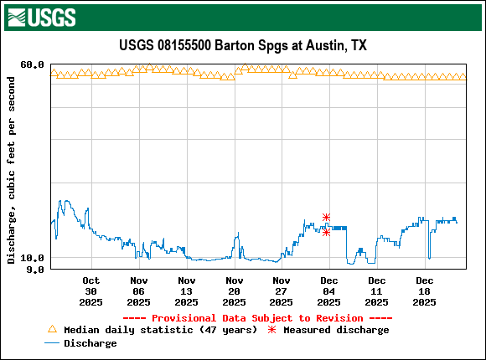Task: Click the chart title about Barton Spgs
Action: coord(243,46)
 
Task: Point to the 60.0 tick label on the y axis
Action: coord(32,64)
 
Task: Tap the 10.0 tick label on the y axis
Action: coord(32,258)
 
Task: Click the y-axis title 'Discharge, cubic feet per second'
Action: coord(11,170)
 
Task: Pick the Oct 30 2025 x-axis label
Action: coord(91,291)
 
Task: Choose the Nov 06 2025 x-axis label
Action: coord(139,291)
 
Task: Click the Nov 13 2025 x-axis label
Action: coord(187,291)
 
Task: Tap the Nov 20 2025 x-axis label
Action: coord(235,291)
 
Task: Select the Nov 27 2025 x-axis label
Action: coord(282,291)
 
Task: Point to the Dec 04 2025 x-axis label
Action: coord(329,291)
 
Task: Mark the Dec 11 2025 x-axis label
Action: coord(377,291)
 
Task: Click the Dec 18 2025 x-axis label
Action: coord(425,291)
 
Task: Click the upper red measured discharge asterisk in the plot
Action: coord(326,217)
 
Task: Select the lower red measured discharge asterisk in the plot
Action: coord(326,232)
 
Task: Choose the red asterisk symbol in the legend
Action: coord(271,330)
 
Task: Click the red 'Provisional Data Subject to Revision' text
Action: coord(257,318)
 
